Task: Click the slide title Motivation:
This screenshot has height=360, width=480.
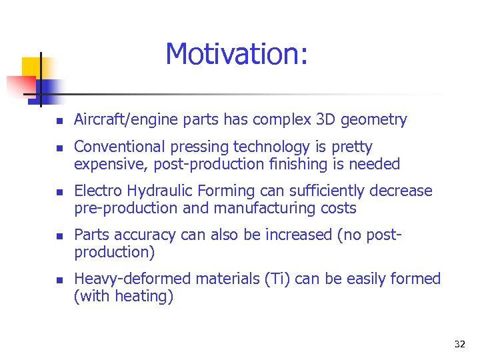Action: [237, 54]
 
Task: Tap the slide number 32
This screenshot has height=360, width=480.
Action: [459, 344]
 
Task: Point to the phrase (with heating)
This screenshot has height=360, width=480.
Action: [124, 297]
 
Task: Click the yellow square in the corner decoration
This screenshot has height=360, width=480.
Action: [32, 67]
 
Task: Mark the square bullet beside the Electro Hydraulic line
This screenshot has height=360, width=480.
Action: [59, 193]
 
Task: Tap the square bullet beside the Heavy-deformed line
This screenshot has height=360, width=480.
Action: [59, 280]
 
